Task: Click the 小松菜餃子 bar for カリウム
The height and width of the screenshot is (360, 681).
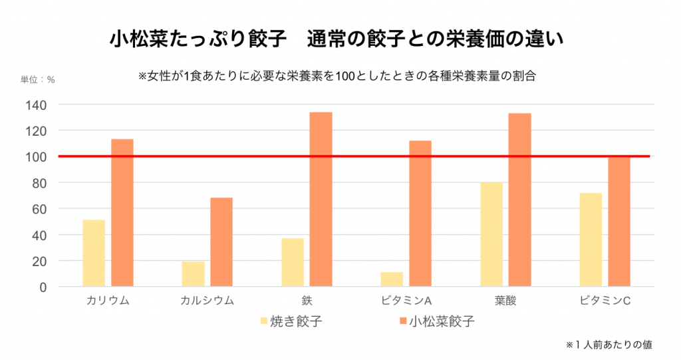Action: coord(122,213)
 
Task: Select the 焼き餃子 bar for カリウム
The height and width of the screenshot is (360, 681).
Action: coord(94,254)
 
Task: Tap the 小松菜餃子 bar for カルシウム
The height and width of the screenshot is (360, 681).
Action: coord(221,242)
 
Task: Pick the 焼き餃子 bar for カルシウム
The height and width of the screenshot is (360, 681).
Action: coord(194,274)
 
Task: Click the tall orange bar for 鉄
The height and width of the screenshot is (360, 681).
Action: coord(321,200)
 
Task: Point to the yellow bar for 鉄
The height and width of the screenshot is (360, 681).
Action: coord(293,262)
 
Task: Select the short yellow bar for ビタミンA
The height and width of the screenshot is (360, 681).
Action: coord(392,279)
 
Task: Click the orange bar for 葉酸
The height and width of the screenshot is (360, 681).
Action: coord(519,200)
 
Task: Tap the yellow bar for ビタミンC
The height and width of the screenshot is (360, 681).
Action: coord(591,240)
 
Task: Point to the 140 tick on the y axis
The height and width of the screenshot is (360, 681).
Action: coord(37,104)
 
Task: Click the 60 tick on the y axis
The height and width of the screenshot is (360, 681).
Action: coord(40,209)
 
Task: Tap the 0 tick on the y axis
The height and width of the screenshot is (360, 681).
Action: coord(43,287)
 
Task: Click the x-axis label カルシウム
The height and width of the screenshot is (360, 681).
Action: coord(207,300)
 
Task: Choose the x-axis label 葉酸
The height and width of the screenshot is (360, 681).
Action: coord(505,300)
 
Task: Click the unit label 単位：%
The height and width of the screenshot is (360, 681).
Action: coord(37,79)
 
